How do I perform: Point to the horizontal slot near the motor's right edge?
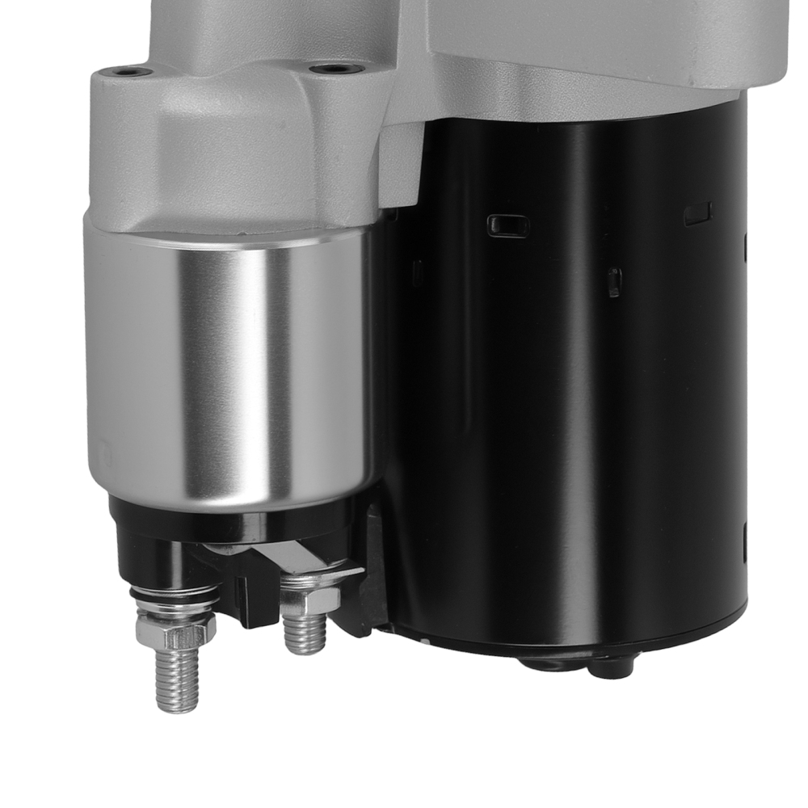(x=697, y=214)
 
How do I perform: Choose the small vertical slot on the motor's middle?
(x=614, y=282)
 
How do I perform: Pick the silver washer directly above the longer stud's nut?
(x=175, y=608)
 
